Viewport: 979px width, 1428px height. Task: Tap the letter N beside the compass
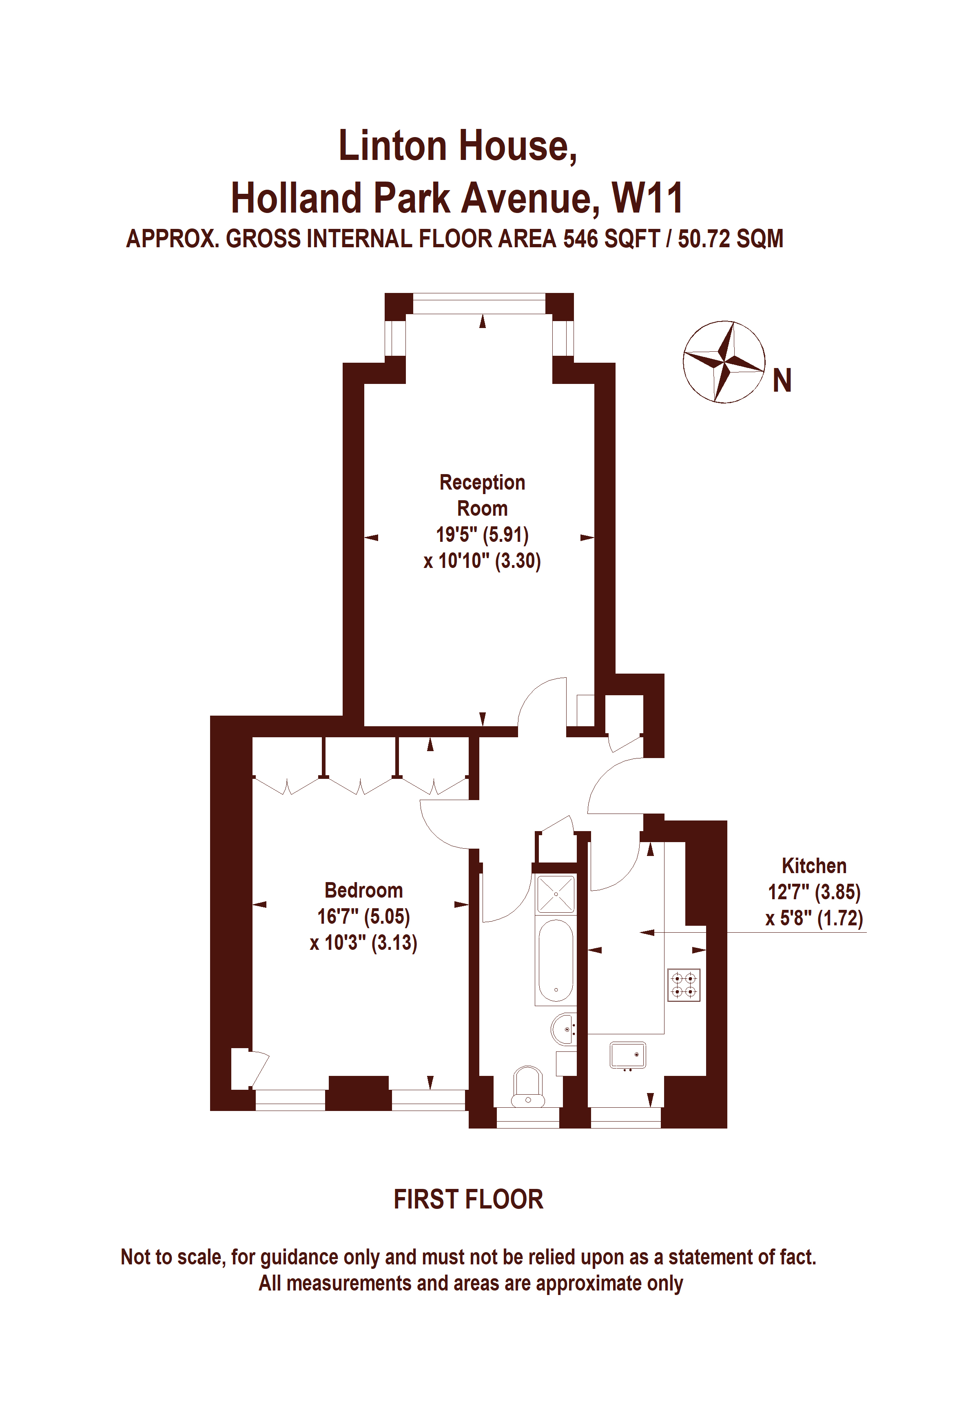(x=782, y=381)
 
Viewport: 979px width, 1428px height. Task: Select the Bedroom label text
(x=363, y=890)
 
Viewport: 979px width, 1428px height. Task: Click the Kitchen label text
(x=814, y=866)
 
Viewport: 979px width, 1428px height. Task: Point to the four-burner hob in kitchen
(x=684, y=985)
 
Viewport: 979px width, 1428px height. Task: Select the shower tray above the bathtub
(x=556, y=894)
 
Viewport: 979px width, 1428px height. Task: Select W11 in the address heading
(x=647, y=198)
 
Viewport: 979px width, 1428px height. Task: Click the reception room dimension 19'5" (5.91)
(x=482, y=534)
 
